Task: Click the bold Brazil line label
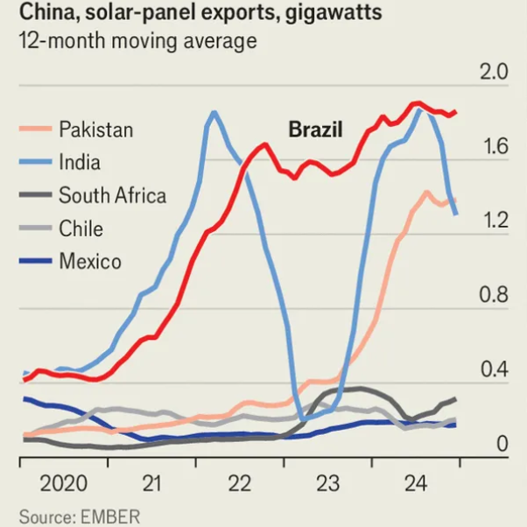tap(315, 130)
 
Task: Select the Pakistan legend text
tap(96, 130)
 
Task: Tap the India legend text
tap(80, 162)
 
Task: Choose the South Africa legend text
tap(112, 195)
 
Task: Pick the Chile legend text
tap(81, 228)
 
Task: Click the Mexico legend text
tap(90, 261)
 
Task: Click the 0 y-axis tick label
tap(502, 445)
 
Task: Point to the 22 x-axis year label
tap(239, 483)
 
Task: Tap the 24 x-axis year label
tap(415, 483)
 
